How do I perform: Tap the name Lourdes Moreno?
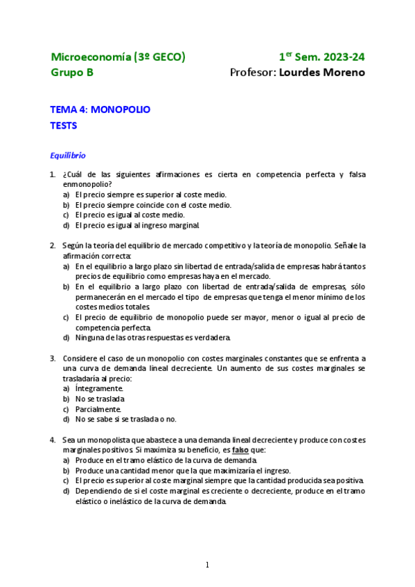tap(321, 73)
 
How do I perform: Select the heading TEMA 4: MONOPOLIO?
tap(100, 109)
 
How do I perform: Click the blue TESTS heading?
tap(64, 126)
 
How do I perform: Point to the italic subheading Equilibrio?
tap(67, 155)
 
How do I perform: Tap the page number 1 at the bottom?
tap(207, 566)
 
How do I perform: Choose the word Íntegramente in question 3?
tap(99, 389)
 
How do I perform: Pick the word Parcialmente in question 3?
tap(98, 409)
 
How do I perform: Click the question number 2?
tap(53, 245)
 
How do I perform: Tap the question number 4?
tap(53, 440)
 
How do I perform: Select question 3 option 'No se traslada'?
tap(100, 399)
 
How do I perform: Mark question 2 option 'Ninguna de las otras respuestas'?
tap(152, 338)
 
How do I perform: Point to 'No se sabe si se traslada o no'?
tap(125, 419)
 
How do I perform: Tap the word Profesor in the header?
tap(252, 73)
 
